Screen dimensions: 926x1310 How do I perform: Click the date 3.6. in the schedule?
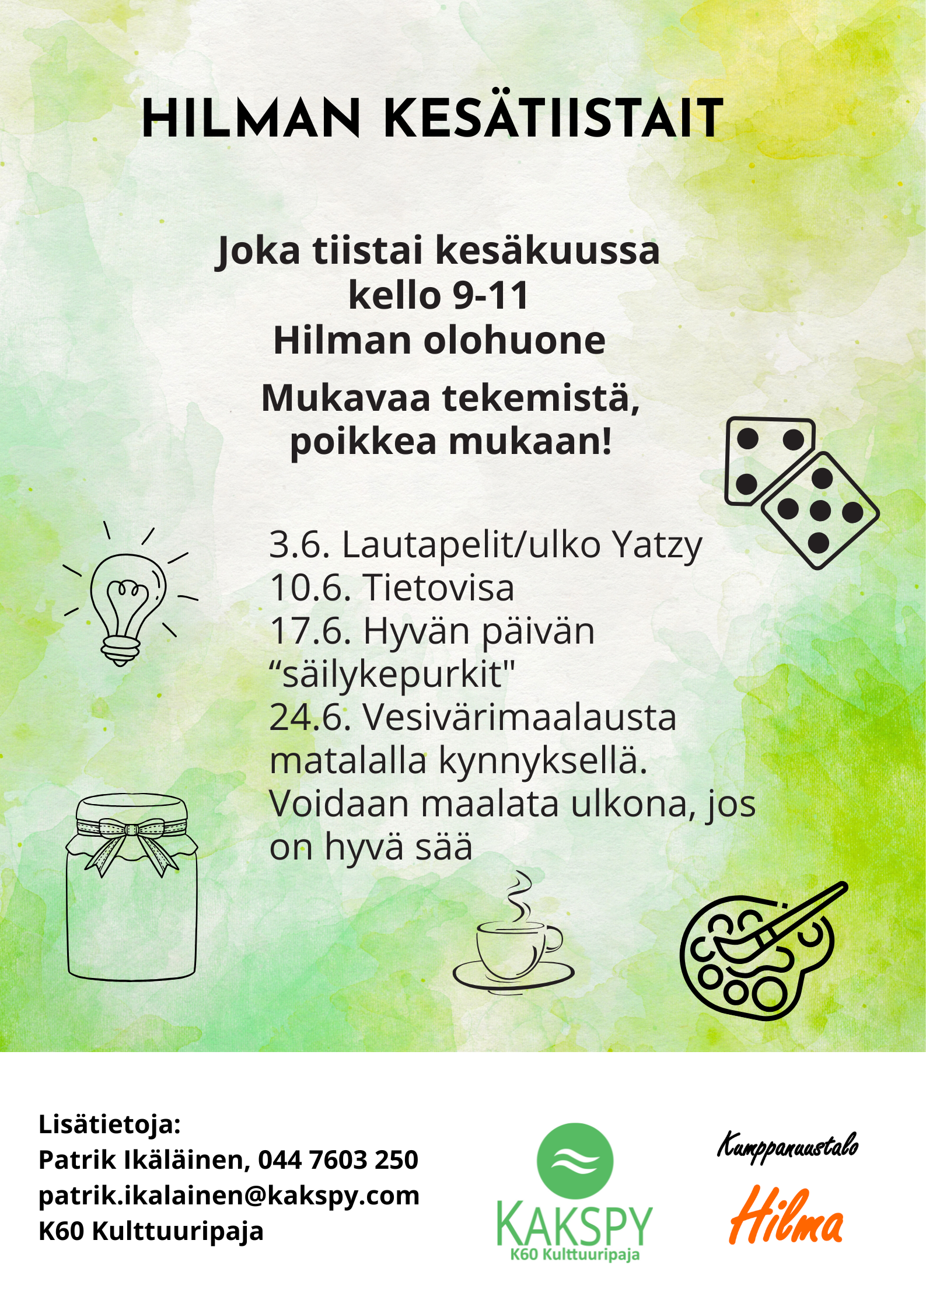(x=300, y=545)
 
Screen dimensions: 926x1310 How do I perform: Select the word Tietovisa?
(x=439, y=588)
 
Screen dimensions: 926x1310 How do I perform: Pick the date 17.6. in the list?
(x=310, y=631)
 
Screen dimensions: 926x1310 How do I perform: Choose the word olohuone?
(x=514, y=340)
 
